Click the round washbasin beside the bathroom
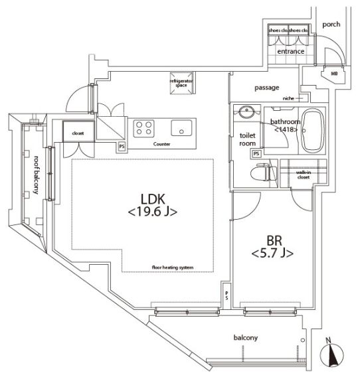(248, 111)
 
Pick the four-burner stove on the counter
(143, 127)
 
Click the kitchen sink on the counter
(181, 127)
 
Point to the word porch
(331, 25)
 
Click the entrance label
(291, 51)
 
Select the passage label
(266, 88)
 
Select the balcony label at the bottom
(245, 338)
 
